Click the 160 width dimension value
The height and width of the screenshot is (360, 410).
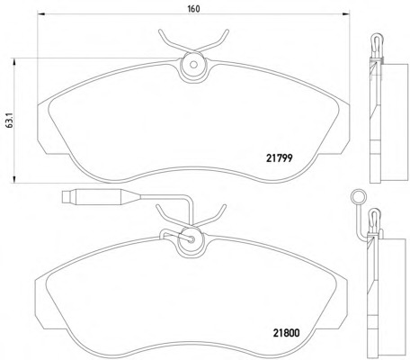coord(193,9)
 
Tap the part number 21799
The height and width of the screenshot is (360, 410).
coord(280,158)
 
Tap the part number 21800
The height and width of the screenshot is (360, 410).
coord(286,333)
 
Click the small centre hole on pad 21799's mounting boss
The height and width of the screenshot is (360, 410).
coord(193,65)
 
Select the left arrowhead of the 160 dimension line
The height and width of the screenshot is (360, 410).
coord(40,13)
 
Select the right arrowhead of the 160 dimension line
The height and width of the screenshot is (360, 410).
coord(346,13)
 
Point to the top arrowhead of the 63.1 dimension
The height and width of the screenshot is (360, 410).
coord(13,62)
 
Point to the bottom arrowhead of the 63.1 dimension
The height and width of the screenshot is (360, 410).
coord(13,179)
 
